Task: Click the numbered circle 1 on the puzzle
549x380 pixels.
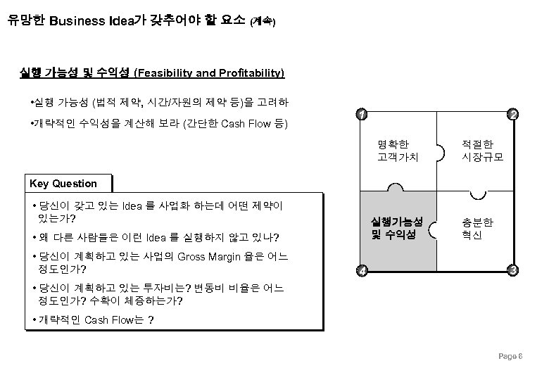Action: coord(360,115)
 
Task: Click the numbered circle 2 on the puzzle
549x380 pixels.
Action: coord(514,115)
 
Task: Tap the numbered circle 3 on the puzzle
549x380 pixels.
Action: coord(514,271)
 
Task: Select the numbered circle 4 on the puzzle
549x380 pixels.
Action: coord(360,272)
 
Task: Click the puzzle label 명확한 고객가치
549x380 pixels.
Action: coord(398,151)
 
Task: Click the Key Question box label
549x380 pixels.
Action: coord(63,184)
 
